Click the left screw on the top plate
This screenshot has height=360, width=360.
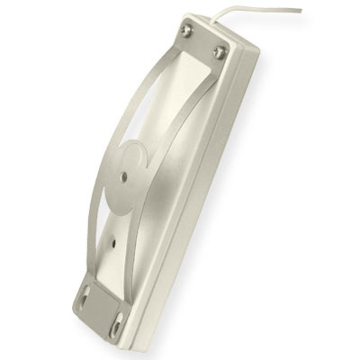coord(186,31)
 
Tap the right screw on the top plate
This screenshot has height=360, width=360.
coord(219,51)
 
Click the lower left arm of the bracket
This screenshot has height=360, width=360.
coord(90,225)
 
